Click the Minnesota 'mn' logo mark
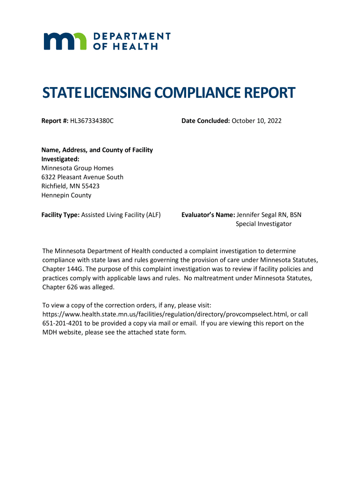(65, 41)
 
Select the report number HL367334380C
(92, 121)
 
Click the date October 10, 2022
(257, 121)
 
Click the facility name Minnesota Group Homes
(78, 168)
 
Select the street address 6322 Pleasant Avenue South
(82, 177)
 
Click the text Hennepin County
(66, 195)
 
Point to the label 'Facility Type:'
(61, 215)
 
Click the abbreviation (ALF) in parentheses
(152, 215)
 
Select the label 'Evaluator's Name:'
(208, 215)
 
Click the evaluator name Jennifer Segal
(256, 215)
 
